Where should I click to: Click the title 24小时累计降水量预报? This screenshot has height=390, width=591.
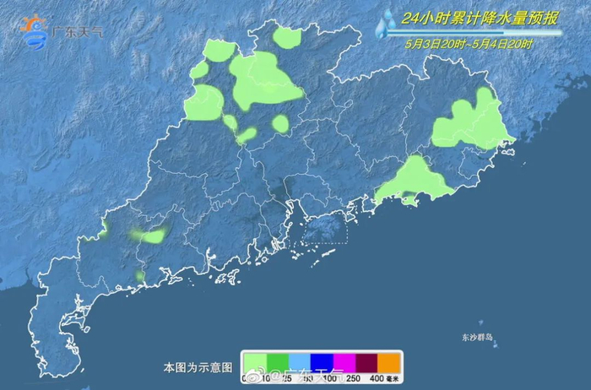pyautogui.click(x=468, y=18)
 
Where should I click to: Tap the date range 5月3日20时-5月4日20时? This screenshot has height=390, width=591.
pyautogui.click(x=469, y=43)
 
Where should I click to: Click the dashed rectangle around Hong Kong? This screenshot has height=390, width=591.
pyautogui.click(x=324, y=228)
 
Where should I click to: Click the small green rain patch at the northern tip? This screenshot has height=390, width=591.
pyautogui.click(x=288, y=37)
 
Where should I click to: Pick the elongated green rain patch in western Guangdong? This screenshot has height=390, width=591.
pyautogui.click(x=150, y=236)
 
